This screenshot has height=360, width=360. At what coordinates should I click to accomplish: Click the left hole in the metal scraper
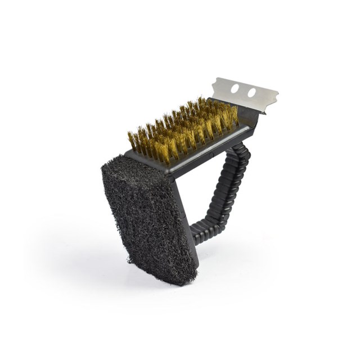tap(235, 88)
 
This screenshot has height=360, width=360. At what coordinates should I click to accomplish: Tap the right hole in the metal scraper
tap(251, 92)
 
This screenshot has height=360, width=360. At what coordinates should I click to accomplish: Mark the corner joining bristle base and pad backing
tap(169, 166)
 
